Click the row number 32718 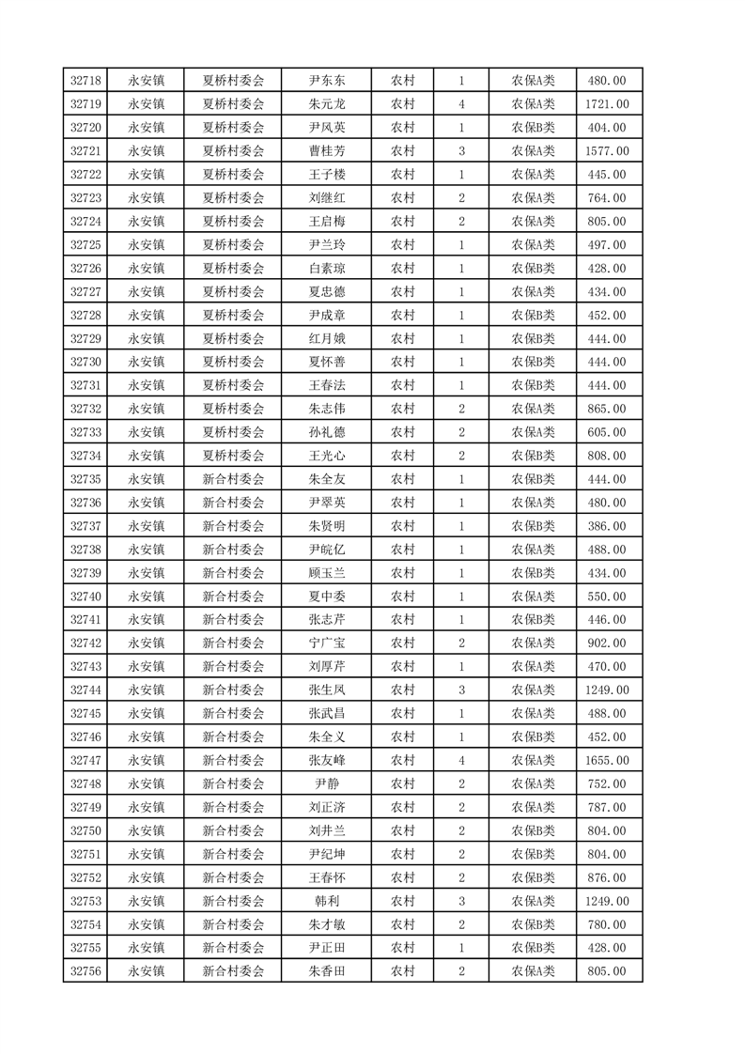[85, 81]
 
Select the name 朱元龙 [326, 104]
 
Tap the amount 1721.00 [606, 104]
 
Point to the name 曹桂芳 [326, 151]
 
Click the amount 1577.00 [606, 151]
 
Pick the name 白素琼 [326, 269]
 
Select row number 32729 [85, 339]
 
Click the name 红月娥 [326, 339]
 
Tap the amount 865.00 [606, 409]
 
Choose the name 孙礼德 [326, 432]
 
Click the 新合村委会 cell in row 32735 [234, 479]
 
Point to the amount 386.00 [606, 526]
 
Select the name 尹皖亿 [326, 550]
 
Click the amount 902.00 [606, 643]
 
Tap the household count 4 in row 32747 [461, 761]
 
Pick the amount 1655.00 [606, 761]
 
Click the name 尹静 [326, 784]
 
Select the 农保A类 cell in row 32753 [533, 902]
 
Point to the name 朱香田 [326, 971]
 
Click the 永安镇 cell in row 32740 [147, 597]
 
